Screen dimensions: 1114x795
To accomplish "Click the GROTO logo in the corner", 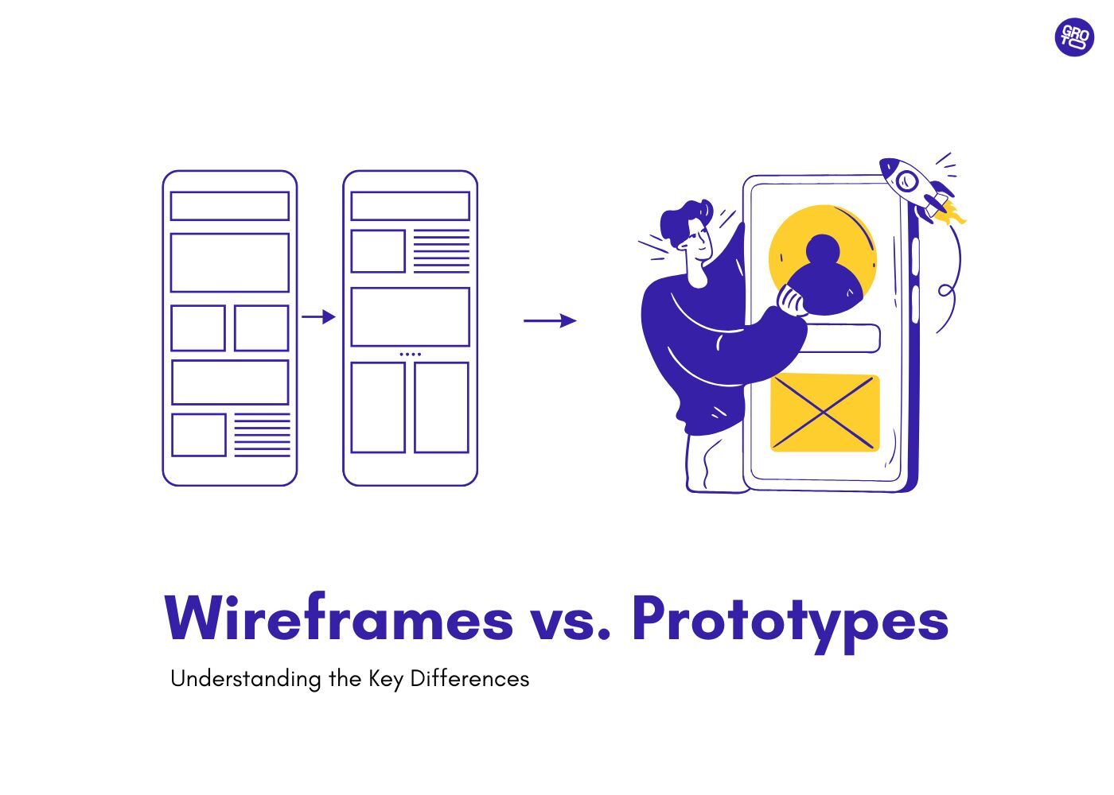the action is (x=1074, y=37).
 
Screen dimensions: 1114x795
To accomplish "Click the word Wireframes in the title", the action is (x=339, y=619).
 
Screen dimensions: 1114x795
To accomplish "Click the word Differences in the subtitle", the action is (x=469, y=679).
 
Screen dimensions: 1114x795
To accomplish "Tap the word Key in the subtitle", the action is (x=385, y=680).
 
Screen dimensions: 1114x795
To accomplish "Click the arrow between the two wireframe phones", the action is (x=318, y=316).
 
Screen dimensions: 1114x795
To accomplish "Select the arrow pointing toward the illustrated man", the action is (x=550, y=320).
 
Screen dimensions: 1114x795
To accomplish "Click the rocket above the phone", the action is (x=915, y=186).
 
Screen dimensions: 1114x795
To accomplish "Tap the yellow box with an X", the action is (x=824, y=413).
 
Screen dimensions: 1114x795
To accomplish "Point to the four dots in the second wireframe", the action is (x=410, y=354).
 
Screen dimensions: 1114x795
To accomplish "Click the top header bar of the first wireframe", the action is (x=229, y=206).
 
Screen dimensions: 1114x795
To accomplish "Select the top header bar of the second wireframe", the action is (x=410, y=206).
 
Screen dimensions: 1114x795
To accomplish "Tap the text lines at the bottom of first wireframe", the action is (x=262, y=435).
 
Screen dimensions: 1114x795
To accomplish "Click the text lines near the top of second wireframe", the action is (x=442, y=251).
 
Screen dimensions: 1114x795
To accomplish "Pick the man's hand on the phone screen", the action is (x=792, y=301).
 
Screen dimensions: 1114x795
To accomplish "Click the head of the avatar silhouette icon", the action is (x=823, y=251).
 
